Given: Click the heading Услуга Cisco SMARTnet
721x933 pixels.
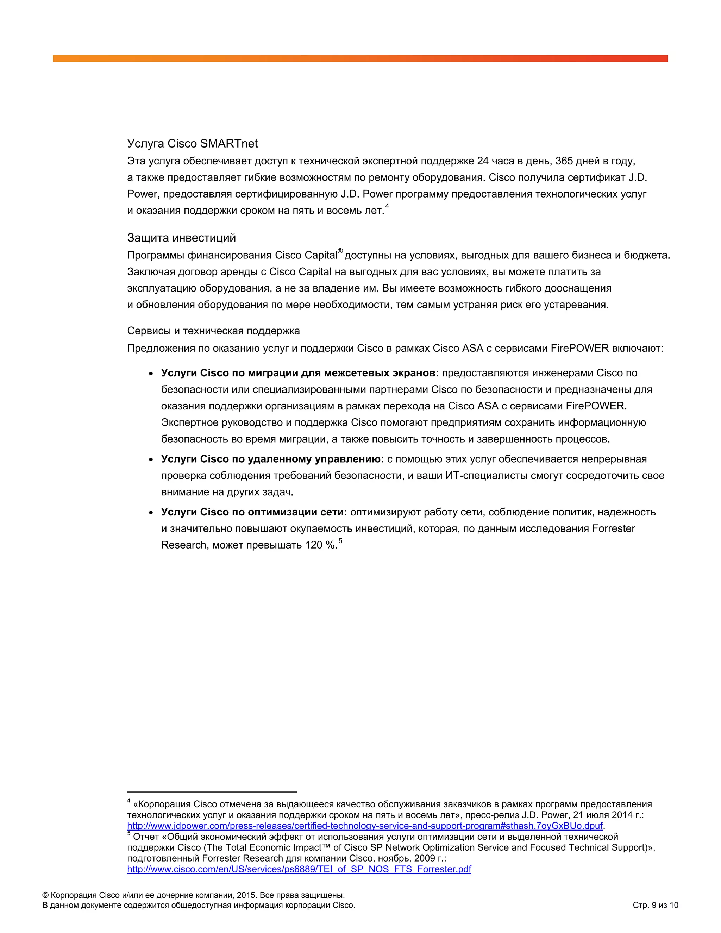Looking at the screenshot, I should pos(192,144).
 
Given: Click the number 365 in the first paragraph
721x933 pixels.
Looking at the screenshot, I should pos(564,161).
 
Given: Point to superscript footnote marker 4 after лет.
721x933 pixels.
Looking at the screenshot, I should pos(387,207).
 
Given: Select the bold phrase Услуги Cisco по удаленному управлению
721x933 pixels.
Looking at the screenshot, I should pos(272,459).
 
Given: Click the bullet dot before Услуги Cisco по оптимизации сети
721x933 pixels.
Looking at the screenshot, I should pos(151,513).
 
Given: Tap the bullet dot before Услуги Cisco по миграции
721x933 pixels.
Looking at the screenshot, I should pos(151,374).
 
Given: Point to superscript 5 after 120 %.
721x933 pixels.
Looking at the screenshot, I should pos(340,541).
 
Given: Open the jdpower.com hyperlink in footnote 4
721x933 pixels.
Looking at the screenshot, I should pos(365,826).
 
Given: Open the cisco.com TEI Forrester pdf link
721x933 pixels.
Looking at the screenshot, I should pos(299,869).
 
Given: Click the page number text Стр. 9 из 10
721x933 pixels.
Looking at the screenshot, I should pos(655,905).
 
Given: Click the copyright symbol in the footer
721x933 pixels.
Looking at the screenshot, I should pos(45,895).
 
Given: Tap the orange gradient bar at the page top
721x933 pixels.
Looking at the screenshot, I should pos(360,58).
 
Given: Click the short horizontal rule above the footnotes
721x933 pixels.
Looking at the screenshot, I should pos(212,791).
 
